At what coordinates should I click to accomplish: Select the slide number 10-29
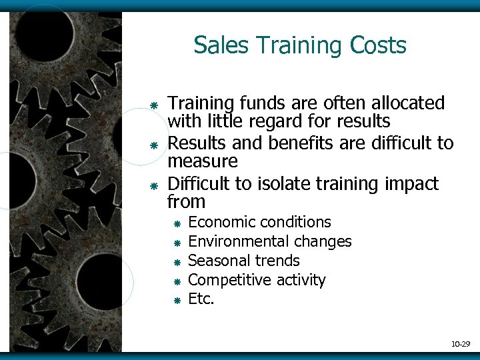[x=460, y=344]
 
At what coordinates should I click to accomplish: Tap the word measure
[x=202, y=161]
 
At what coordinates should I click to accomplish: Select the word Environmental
[x=235, y=241]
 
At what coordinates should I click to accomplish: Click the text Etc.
[x=201, y=299]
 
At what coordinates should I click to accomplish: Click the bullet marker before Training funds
[x=153, y=105]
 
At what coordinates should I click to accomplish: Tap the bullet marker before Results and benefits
[x=153, y=144]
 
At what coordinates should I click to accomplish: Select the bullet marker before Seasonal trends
[x=177, y=262]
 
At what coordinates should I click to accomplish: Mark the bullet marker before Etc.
[x=177, y=301]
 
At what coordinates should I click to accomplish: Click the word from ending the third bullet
[x=186, y=201]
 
